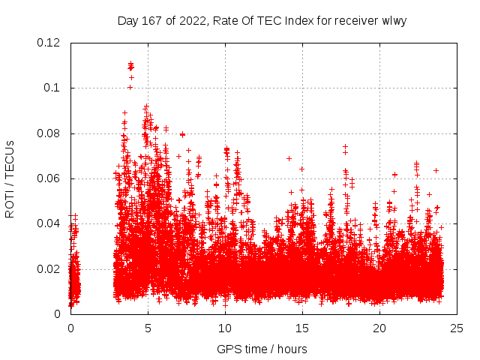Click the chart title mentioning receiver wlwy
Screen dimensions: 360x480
point(262,20)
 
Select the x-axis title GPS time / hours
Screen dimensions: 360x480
point(262,349)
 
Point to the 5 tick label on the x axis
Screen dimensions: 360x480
point(148,328)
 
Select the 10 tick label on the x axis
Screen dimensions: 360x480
point(225,328)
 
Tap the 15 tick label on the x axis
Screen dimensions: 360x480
point(302,328)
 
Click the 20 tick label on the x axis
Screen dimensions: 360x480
point(379,328)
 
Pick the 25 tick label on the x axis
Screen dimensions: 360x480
point(457,328)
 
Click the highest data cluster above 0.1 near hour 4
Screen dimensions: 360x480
point(130,66)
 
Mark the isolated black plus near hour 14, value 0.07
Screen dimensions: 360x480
point(289,158)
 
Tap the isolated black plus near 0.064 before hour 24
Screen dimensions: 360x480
point(436,170)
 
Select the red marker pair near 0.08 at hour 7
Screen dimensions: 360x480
point(182,134)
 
